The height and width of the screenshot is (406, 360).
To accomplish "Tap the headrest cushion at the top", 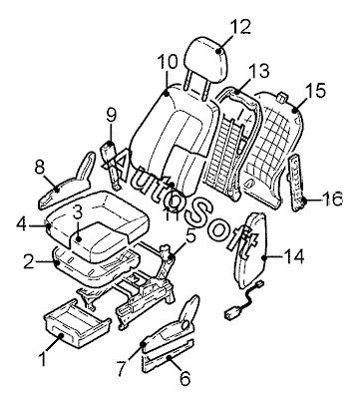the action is click(205, 60).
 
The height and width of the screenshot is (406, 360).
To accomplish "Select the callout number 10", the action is click(168, 62).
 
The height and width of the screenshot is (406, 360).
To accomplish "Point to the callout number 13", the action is click(259, 71).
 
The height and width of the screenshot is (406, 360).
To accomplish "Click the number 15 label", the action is click(315, 91).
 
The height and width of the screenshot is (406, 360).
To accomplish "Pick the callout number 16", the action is click(332, 199).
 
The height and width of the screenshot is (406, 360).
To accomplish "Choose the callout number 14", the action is click(293, 256).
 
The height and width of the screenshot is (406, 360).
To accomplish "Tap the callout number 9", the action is click(112, 116).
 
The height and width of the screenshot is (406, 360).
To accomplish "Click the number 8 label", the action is click(40, 168).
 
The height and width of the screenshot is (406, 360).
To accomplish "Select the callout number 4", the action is click(22, 224).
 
